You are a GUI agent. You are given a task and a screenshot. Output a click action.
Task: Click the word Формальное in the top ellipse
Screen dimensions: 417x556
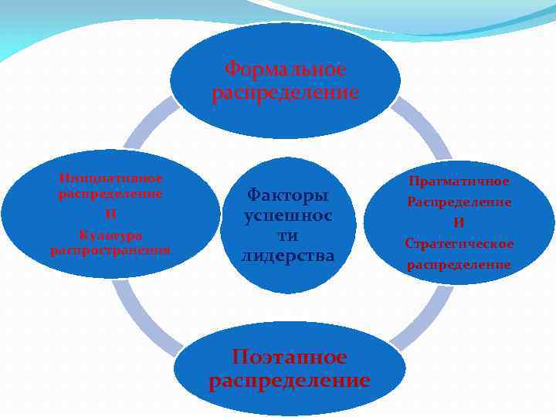coord(285,69)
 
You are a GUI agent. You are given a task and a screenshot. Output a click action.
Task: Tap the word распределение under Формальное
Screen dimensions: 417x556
coord(285,93)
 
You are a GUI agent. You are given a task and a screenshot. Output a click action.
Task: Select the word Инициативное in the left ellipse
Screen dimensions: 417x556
coord(110,178)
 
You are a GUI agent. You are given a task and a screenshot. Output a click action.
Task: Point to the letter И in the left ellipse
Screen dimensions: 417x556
coord(110,214)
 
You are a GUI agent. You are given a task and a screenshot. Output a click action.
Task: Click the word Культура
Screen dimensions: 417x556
coord(110,234)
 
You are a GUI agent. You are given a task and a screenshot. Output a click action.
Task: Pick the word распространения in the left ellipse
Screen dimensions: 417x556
coord(110,249)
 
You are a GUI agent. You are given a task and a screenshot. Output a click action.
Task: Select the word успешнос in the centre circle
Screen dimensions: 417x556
coord(287,215)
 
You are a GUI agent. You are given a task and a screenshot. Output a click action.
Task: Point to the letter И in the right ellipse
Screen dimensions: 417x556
coord(459,222)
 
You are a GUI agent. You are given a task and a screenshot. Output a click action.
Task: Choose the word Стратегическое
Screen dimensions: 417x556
coord(459,243)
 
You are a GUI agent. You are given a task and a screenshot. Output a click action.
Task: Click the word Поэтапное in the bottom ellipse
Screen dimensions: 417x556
coord(290,357)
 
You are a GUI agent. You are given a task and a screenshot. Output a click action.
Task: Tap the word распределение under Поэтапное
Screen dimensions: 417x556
coord(290,381)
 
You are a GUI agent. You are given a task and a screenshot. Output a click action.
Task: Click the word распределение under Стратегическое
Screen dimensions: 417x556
coord(459,264)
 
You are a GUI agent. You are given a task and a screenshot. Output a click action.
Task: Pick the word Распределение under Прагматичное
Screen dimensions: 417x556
coord(459,202)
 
